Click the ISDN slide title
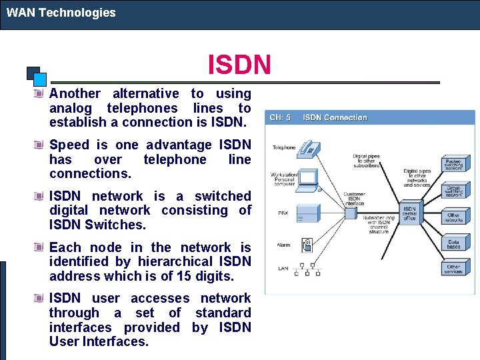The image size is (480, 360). pos(239,65)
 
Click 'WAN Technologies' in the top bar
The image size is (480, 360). pos(61,13)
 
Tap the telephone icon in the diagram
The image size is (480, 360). pos(309,148)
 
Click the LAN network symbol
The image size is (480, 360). pos(309,268)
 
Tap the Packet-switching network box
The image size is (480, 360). pos(453,164)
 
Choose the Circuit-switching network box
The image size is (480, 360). pos(453,191)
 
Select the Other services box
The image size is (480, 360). pos(453,269)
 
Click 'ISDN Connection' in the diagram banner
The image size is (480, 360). pos(335,118)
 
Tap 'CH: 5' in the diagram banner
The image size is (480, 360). pos(280,118)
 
